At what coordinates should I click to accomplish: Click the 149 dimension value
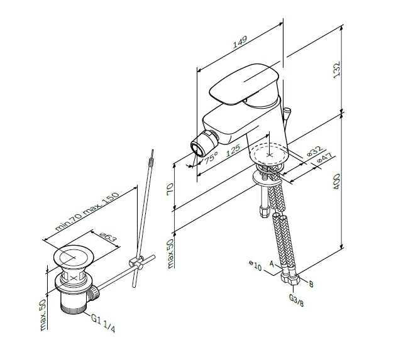(239, 43)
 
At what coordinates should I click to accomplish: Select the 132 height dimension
(337, 70)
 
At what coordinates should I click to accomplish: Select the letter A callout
(272, 265)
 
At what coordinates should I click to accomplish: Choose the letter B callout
(310, 284)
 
